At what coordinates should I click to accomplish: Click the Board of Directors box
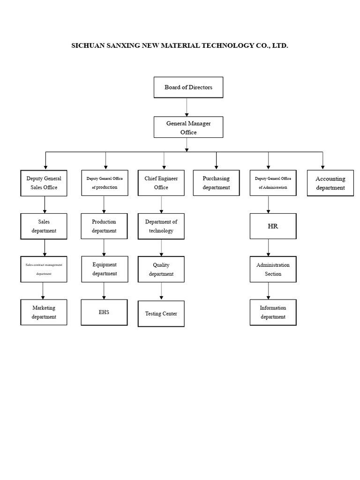[188, 87]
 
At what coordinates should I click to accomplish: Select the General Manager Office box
[188, 127]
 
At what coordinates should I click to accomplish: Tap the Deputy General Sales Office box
[44, 183]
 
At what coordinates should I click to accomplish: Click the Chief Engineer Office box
[161, 183]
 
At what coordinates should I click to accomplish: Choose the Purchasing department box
[216, 183]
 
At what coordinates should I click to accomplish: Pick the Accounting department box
[330, 183]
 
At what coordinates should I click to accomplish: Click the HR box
[273, 226]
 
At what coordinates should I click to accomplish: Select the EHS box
[105, 312]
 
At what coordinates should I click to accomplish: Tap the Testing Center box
[161, 314]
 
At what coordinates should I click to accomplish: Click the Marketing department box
[44, 312]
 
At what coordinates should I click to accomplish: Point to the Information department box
[273, 312]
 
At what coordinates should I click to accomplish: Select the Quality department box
[161, 269]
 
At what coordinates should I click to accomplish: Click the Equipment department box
[105, 269]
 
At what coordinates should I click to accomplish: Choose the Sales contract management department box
[44, 269]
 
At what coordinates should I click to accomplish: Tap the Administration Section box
[273, 269]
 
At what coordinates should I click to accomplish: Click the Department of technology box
[161, 226]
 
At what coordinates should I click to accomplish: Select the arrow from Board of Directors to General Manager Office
[187, 107]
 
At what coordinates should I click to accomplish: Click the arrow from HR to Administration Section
[269, 247]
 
